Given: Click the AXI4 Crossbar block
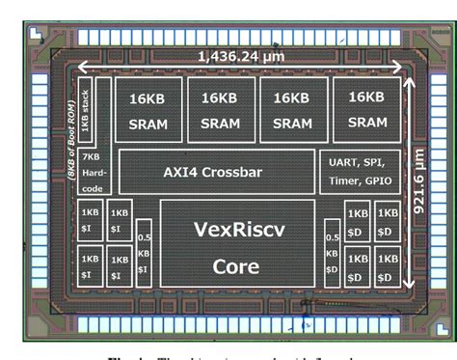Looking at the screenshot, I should click(x=216, y=172).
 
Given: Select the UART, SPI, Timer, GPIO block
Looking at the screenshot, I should click(x=358, y=172).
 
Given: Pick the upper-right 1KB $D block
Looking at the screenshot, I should click(x=388, y=221).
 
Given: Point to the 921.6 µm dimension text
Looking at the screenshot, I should click(x=418, y=186).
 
